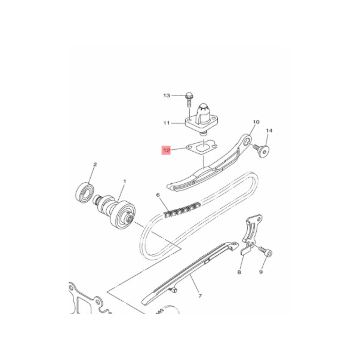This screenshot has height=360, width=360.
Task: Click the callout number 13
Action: pyautogui.click(x=167, y=96)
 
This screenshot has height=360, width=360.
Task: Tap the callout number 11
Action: pyautogui.click(x=167, y=124)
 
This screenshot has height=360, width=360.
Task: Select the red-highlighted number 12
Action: pyautogui.click(x=167, y=150)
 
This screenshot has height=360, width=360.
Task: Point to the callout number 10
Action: pyautogui.click(x=256, y=122)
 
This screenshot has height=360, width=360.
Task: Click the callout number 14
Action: pyautogui.click(x=269, y=130)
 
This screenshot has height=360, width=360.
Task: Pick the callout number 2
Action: pyautogui.click(x=94, y=164)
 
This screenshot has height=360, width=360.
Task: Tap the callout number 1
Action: pyautogui.click(x=124, y=181)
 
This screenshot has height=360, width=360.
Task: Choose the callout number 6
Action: pyautogui.click(x=158, y=195)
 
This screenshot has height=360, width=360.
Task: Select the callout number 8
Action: pyautogui.click(x=239, y=272)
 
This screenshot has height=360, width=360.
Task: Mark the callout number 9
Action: pyautogui.click(x=261, y=272)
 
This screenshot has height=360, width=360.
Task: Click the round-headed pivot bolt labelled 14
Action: pyautogui.click(x=263, y=147)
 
